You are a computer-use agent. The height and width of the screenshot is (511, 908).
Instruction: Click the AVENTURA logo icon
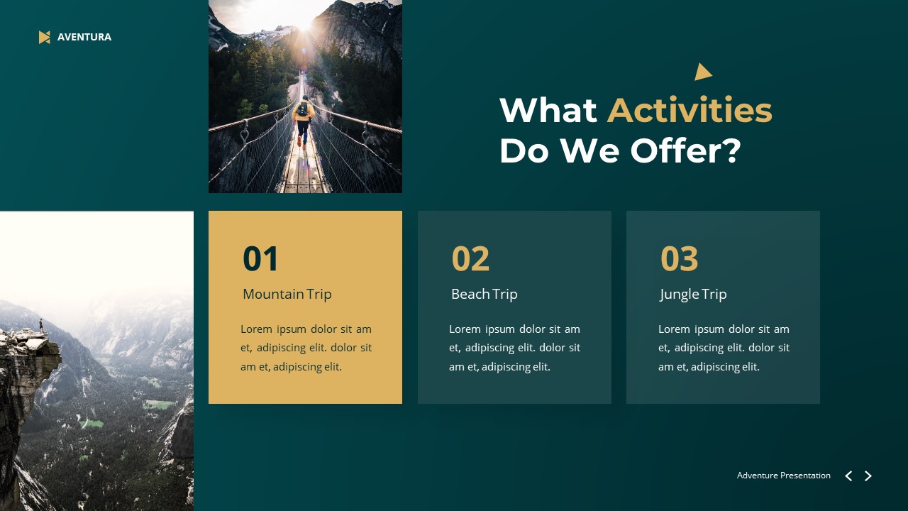pos(45,37)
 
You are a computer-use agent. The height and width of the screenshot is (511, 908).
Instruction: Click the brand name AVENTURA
pos(84,37)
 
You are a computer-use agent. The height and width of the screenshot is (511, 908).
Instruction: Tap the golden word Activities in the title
pos(689,111)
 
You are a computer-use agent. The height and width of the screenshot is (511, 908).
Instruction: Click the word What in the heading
pos(548,111)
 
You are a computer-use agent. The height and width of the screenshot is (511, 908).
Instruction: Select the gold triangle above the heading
pos(702,72)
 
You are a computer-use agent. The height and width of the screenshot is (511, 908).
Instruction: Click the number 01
pos(261,259)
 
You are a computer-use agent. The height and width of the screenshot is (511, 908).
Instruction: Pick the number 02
pos(470,259)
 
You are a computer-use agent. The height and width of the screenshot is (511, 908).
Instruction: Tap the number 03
pos(679,259)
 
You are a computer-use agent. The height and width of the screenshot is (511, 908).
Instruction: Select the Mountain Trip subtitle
pos(287,294)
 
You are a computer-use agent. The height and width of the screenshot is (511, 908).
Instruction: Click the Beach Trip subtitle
pos(484,294)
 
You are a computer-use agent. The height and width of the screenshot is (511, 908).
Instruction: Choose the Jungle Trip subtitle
pos(693,294)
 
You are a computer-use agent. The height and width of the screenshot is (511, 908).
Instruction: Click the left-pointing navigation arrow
pos(848,476)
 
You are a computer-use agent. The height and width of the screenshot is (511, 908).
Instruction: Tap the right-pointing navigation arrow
pos(868,476)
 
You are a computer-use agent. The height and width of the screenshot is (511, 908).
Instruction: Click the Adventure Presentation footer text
pos(783,476)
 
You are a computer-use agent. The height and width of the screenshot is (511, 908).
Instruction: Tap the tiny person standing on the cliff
pos(41,325)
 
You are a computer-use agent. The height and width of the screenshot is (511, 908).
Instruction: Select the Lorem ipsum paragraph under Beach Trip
pos(514,348)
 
